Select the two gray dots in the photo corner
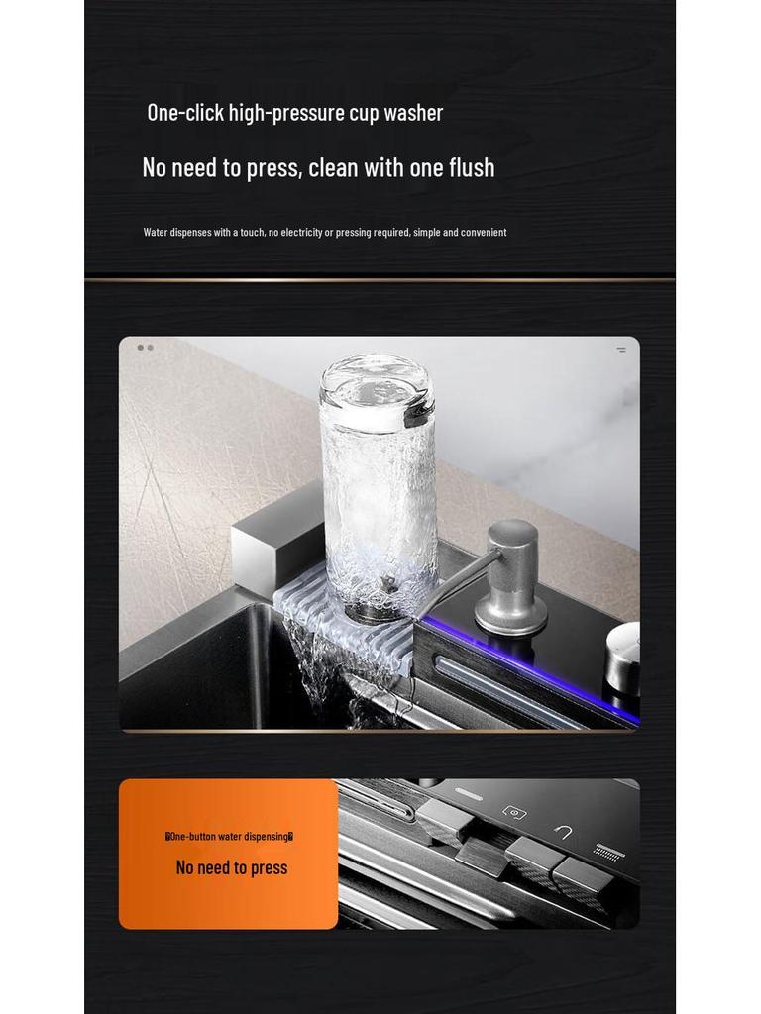coord(146,348)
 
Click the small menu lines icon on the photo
coord(621,350)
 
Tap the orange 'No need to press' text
coord(231,868)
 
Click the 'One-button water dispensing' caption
coord(229,837)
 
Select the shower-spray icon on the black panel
coord(607,851)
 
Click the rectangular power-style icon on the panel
coord(513,812)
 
